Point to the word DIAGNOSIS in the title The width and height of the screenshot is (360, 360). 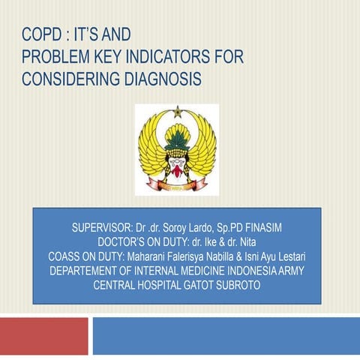160,79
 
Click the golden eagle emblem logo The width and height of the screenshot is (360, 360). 177,149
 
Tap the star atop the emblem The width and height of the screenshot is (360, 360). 178,110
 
